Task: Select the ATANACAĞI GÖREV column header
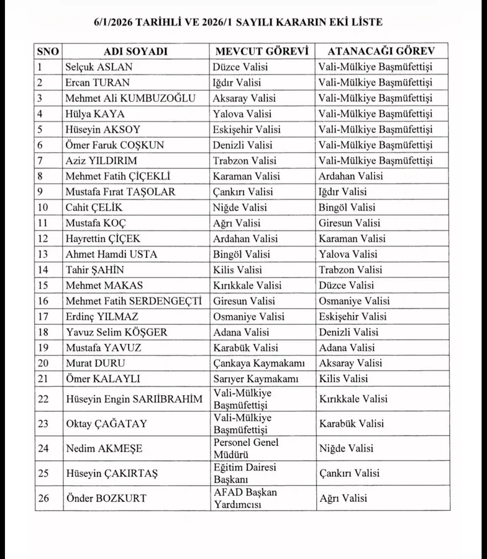click(381, 51)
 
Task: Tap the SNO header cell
click(48, 51)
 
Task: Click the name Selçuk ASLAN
click(99, 67)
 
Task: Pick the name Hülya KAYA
click(95, 114)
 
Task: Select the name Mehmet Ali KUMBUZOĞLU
click(130, 98)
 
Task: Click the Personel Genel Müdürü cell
click(246, 448)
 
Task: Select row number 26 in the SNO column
click(43, 498)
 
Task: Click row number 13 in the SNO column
click(43, 254)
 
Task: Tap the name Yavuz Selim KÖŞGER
click(116, 332)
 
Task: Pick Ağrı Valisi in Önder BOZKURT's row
click(343, 498)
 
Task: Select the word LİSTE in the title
click(365, 22)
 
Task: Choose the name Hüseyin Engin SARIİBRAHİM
click(134, 399)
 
